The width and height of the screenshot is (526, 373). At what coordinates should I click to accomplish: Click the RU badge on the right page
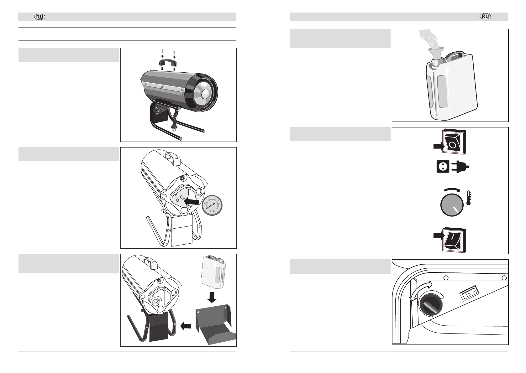tap(485, 17)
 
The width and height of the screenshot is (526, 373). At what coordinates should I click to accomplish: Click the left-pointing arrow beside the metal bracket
tap(186, 327)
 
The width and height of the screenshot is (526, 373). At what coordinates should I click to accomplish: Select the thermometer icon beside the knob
tap(469, 198)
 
